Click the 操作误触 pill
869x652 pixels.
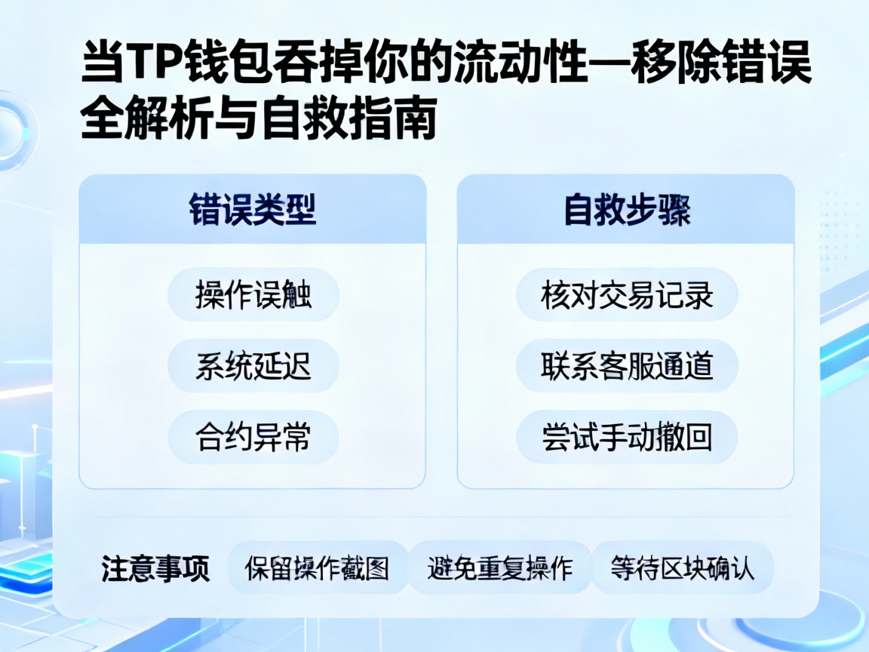click(253, 294)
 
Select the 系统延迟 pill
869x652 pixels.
click(253, 366)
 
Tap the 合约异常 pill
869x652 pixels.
click(253, 437)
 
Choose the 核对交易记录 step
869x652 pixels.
click(626, 294)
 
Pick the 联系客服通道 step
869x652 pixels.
click(626, 366)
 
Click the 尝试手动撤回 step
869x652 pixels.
click(626, 437)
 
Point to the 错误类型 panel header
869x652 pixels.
click(252, 211)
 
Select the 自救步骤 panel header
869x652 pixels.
click(626, 211)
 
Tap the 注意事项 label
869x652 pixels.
click(155, 568)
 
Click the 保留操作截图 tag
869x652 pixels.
click(317, 568)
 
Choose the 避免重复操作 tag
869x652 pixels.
click(499, 568)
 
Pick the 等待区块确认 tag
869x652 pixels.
click(682, 568)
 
